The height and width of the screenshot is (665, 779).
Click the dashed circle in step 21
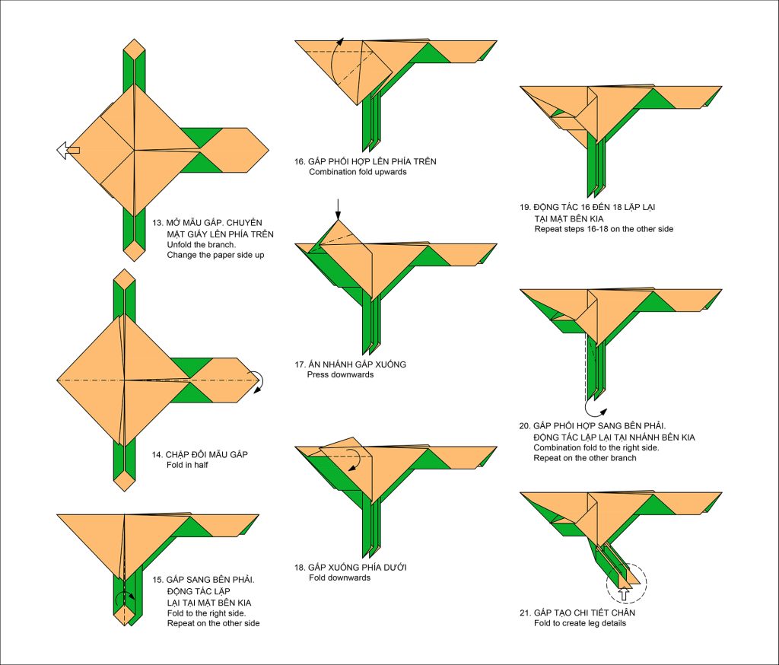pos(627,584)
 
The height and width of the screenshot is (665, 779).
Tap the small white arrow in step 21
pos(625,592)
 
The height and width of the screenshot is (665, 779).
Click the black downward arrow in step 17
pos(339,207)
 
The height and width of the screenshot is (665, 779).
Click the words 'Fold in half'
pos(187,465)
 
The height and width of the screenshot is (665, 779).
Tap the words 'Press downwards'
pos(340,374)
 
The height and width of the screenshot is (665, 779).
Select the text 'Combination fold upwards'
pos(358,172)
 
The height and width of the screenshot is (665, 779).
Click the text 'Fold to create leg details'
pos(580,624)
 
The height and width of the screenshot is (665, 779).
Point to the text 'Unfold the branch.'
pos(202,245)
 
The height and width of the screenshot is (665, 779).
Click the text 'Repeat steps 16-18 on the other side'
pos(603,228)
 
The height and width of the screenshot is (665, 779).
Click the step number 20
pos(526,425)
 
